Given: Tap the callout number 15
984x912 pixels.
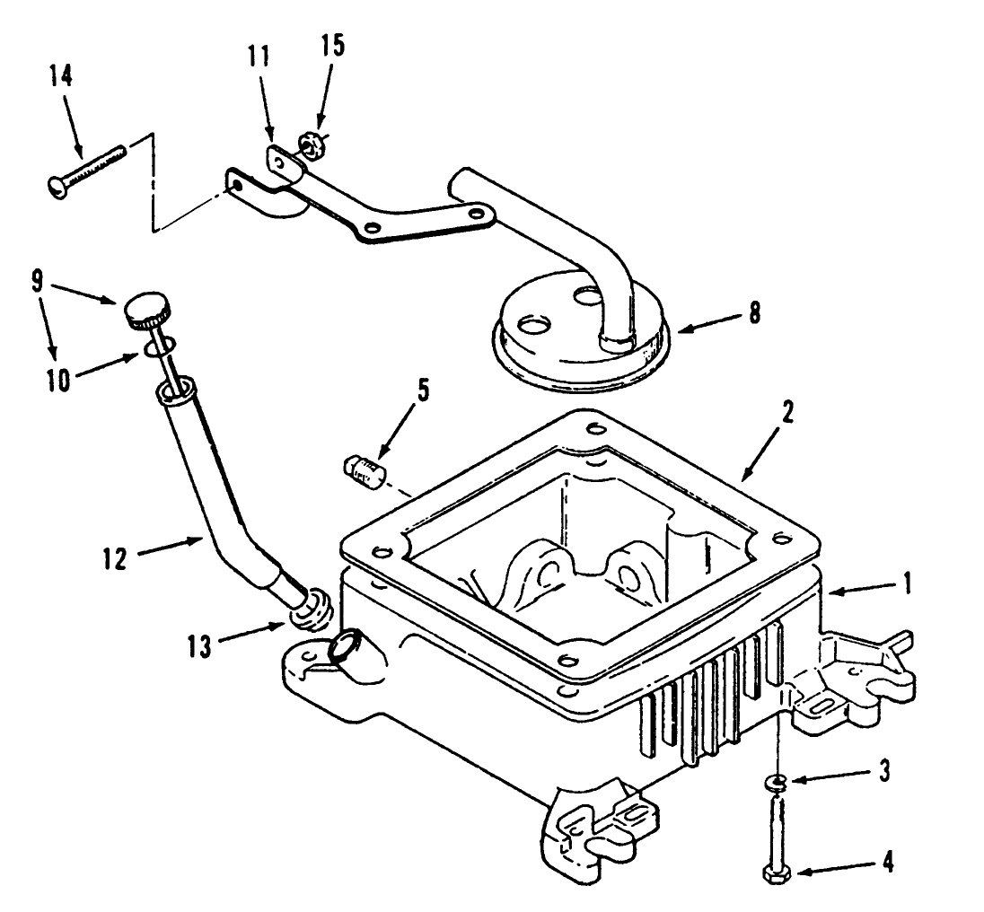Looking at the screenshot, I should tap(331, 47).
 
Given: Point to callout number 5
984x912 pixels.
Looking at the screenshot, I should tap(423, 391).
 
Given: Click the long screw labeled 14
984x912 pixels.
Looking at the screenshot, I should tap(86, 169).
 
